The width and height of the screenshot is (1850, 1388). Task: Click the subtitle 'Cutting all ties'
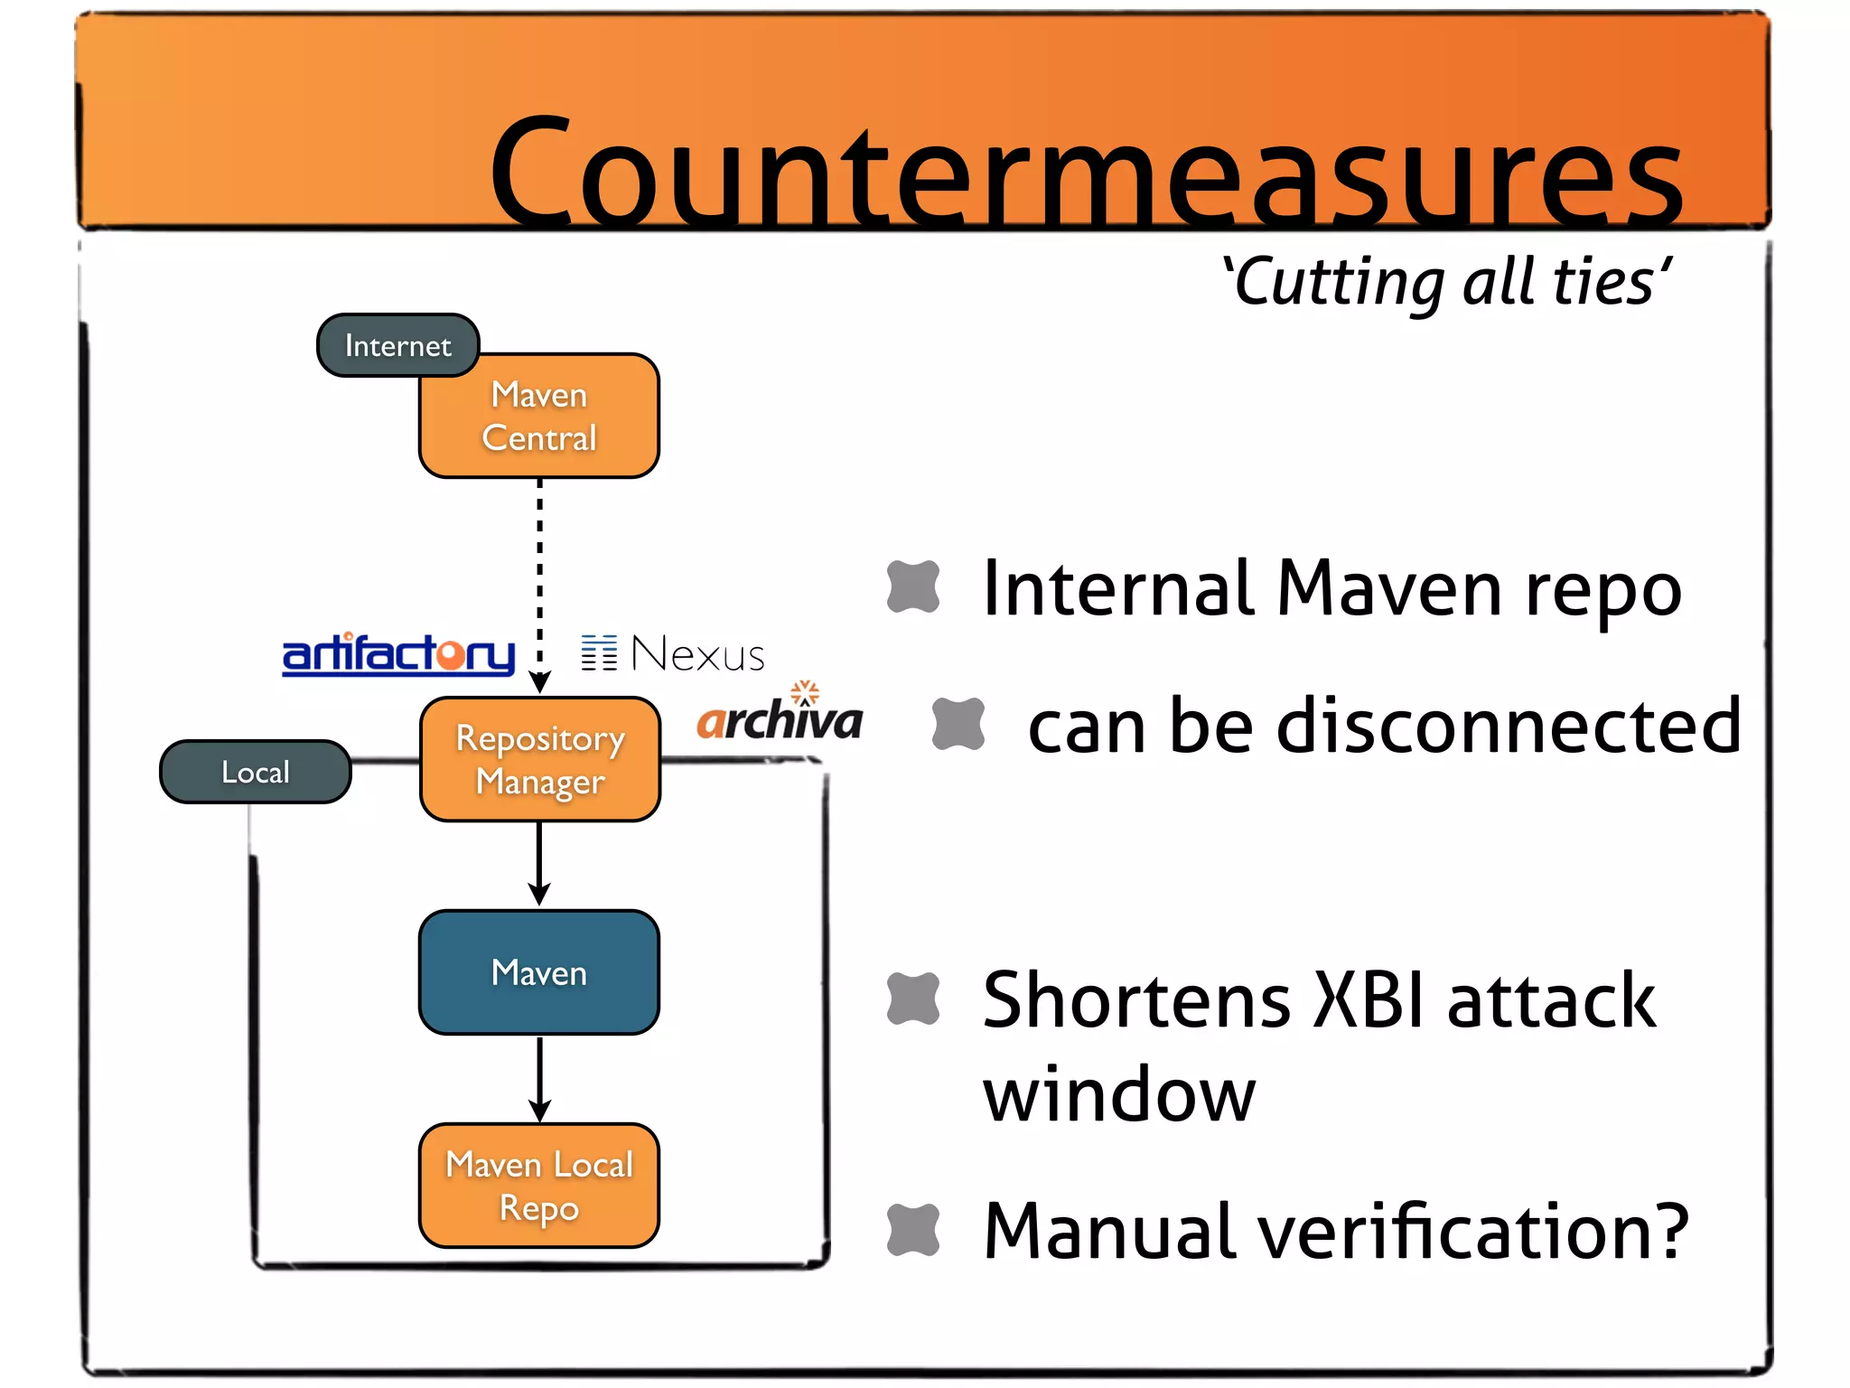1445,282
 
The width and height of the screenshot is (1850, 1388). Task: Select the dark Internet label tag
397,345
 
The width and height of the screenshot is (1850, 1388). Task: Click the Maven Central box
539,417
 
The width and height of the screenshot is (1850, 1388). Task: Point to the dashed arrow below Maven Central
539,578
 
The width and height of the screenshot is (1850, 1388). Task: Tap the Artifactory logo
398,654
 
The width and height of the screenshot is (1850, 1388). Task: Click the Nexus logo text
696,654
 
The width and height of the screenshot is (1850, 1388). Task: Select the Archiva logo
780,718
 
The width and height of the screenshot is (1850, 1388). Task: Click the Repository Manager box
539,760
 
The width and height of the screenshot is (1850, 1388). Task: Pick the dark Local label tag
256,772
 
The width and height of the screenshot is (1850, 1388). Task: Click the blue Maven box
539,972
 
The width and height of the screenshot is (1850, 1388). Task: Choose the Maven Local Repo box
539,1186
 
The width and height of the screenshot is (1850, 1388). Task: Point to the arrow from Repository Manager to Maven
539,863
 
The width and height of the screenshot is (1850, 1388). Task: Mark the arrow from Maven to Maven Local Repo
539,1077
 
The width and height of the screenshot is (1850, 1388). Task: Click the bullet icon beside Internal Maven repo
913,586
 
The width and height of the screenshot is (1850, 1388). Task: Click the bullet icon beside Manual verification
913,1230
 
